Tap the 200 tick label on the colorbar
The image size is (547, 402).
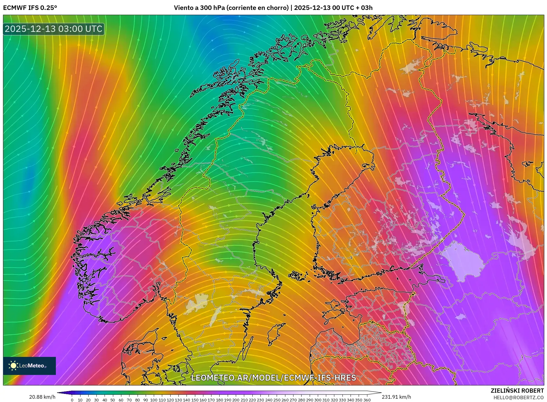click(236, 400)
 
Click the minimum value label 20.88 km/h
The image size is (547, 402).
click(42, 397)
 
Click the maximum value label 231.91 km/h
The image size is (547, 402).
click(396, 397)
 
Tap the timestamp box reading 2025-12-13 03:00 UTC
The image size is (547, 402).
click(53, 29)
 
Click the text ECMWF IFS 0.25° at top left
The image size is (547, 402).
click(30, 8)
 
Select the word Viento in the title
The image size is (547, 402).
click(183, 8)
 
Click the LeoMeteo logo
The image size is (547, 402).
click(29, 366)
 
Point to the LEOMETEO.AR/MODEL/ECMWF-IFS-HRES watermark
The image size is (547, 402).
click(273, 378)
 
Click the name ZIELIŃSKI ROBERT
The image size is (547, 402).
click(517, 391)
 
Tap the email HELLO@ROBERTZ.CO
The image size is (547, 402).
click(518, 397)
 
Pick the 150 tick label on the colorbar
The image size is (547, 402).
click(195, 400)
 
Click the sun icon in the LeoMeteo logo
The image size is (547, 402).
click(14, 366)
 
